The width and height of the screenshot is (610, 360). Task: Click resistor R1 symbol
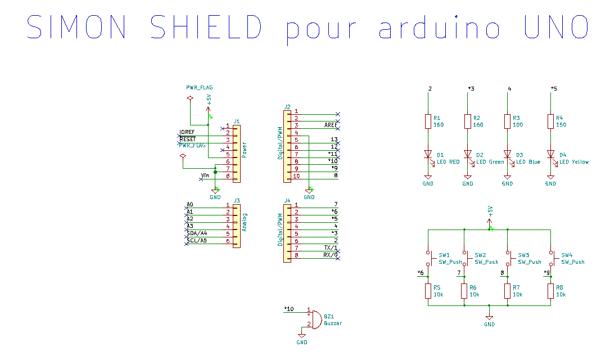coord(428,121)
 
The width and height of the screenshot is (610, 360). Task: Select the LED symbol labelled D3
coord(507,154)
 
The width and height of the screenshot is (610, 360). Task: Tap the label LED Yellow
coord(574,162)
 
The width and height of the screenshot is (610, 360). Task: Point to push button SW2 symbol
coord(464,258)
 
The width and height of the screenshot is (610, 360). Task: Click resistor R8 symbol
coord(551,291)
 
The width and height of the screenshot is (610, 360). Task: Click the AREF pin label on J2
coord(331,125)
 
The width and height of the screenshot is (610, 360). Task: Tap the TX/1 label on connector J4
coord(331,248)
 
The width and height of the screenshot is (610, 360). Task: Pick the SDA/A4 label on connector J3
coord(197,233)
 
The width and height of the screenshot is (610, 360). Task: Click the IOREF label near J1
coord(187,132)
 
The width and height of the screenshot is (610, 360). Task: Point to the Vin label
coord(205,176)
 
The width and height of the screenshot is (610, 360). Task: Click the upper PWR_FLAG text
coord(200,88)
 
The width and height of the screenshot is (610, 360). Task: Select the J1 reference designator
coord(237,121)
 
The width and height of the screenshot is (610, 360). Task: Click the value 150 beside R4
coord(561,125)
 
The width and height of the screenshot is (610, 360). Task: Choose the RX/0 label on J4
coord(331,255)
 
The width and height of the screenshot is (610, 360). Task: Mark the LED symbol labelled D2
coord(468,154)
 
